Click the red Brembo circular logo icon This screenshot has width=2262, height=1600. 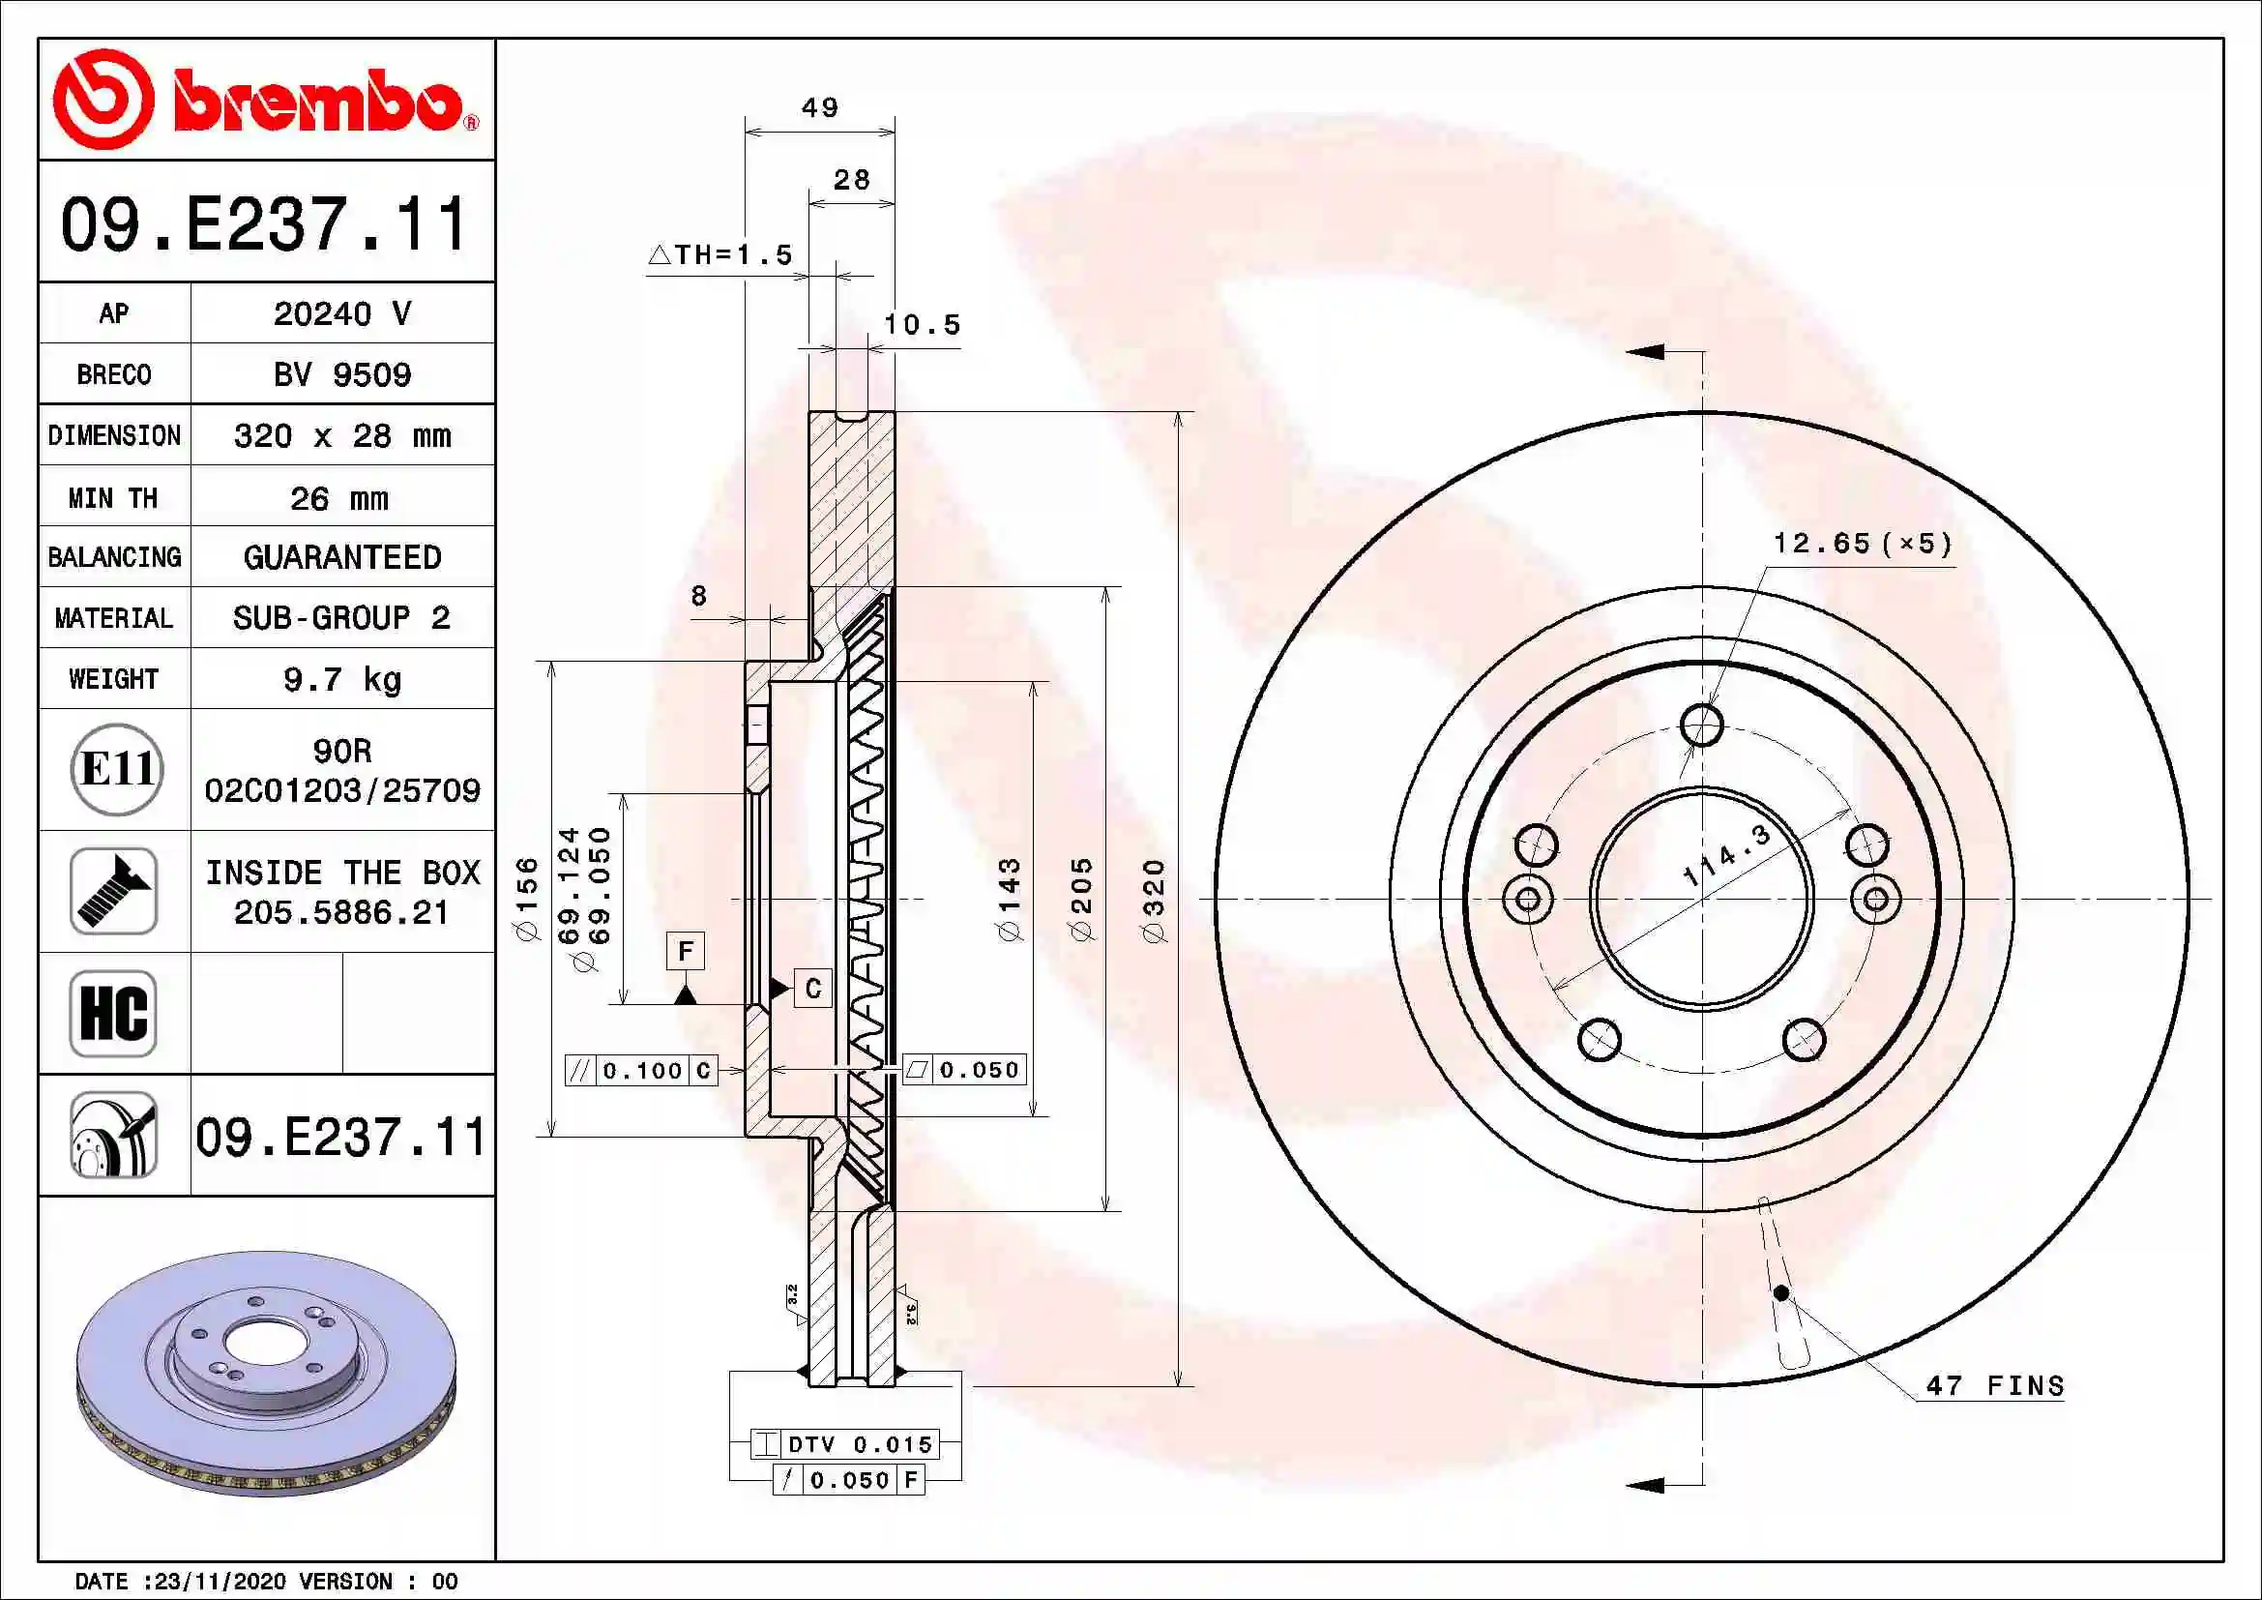coord(103,99)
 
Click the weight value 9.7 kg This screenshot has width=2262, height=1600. coord(341,679)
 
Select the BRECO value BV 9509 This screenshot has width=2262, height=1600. coord(341,374)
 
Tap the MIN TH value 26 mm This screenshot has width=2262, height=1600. coord(338,497)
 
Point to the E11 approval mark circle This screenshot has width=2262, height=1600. coord(116,769)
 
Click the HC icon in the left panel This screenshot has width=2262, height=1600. coord(113,1013)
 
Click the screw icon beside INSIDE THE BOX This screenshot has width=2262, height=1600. coord(113,891)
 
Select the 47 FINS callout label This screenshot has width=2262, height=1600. coord(1995,1385)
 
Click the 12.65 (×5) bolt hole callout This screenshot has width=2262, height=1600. coord(1861,543)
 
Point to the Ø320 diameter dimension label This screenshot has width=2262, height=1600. coord(1154,900)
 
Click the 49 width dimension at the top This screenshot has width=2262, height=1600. coord(820,107)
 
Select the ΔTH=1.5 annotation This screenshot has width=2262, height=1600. coord(720,254)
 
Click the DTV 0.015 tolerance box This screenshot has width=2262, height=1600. coord(845,1444)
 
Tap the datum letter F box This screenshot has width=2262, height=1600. coord(686,951)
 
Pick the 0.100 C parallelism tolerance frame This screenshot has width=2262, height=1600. coord(641,1070)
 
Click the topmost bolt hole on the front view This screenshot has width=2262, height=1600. coord(1701,726)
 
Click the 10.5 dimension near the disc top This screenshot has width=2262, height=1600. coord(922,324)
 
